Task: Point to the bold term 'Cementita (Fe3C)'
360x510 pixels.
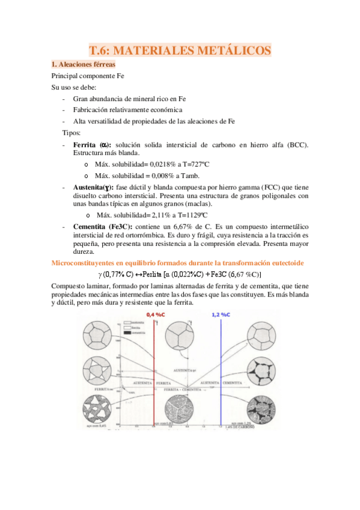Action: point(99,226)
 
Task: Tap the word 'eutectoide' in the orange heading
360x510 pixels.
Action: point(285,263)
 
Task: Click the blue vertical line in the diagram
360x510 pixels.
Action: point(221,373)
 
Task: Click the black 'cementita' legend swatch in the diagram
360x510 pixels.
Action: point(125,332)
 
